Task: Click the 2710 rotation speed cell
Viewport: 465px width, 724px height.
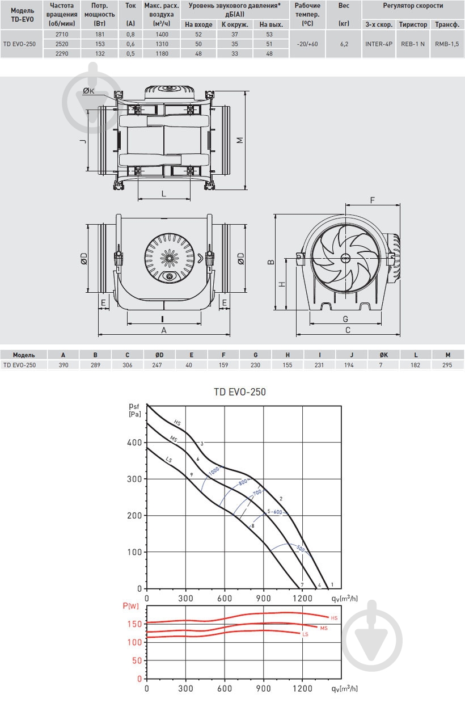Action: tap(62, 35)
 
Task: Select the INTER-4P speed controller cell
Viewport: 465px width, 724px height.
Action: tap(379, 44)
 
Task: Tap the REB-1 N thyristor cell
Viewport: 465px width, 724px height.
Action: tap(413, 44)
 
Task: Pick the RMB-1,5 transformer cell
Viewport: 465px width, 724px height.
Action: tap(447, 44)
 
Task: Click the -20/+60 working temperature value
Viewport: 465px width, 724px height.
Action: tap(307, 44)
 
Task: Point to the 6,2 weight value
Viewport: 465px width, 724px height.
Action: tap(344, 44)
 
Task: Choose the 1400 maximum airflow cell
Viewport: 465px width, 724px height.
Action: tap(162, 35)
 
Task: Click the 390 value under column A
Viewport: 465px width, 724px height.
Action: tap(64, 365)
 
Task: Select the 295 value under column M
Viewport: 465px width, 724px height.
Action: tap(447, 365)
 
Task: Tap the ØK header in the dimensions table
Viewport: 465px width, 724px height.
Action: tap(383, 355)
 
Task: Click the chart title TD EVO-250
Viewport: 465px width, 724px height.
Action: tap(240, 392)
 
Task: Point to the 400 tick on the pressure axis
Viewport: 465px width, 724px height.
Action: tap(134, 443)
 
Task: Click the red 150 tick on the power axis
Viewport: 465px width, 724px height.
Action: tap(135, 624)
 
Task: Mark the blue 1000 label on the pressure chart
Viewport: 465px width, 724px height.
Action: tap(214, 471)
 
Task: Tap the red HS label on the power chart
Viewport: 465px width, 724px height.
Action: tap(334, 618)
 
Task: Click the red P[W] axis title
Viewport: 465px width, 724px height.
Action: tap(130, 606)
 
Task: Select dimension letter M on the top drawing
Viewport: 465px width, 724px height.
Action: tap(240, 140)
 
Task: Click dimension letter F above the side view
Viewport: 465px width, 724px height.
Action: tap(372, 200)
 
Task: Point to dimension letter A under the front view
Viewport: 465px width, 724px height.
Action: tap(164, 330)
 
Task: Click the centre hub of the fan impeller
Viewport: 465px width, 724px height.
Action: tap(345, 258)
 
